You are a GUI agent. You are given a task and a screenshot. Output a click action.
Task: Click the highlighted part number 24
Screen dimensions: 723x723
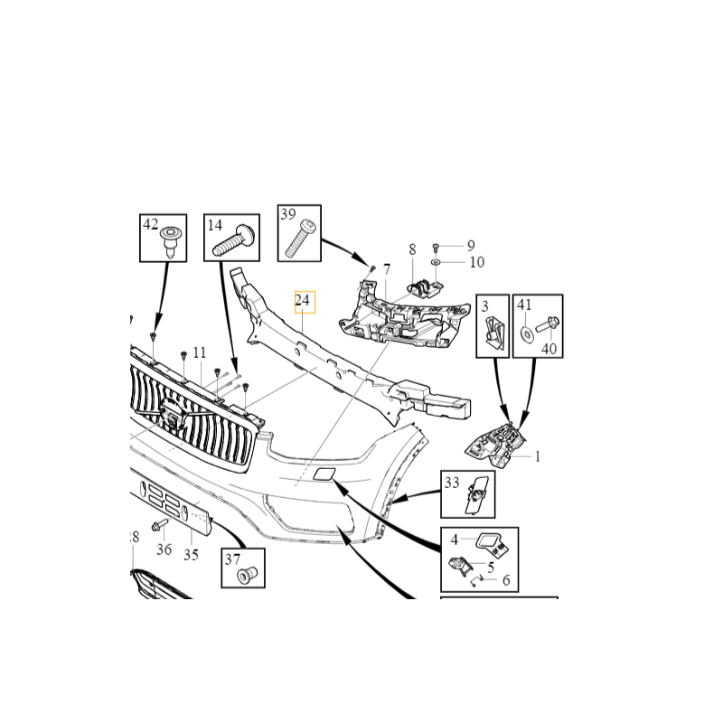pyautogui.click(x=303, y=301)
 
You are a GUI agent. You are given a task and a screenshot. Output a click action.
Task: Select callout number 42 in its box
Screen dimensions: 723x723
pyautogui.click(x=150, y=224)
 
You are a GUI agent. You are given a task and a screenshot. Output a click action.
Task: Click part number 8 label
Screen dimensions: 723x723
pyautogui.click(x=412, y=249)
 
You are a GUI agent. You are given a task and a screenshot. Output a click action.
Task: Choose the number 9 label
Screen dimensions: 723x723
pyautogui.click(x=470, y=245)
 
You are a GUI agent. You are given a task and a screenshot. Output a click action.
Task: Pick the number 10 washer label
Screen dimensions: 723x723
pyautogui.click(x=476, y=262)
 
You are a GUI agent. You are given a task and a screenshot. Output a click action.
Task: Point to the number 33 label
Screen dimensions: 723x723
pyautogui.click(x=451, y=484)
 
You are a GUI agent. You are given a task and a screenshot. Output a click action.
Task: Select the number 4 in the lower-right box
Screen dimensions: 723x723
pyautogui.click(x=455, y=540)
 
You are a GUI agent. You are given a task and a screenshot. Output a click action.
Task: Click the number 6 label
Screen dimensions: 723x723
pyautogui.click(x=506, y=580)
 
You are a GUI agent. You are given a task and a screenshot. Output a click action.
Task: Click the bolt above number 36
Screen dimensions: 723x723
pyautogui.click(x=159, y=526)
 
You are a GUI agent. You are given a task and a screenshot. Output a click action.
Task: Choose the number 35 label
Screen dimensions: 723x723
pyautogui.click(x=191, y=555)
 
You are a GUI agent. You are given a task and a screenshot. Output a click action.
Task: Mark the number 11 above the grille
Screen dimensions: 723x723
pyautogui.click(x=199, y=352)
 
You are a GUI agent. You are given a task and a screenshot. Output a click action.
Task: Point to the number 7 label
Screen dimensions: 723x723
pyautogui.click(x=386, y=269)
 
